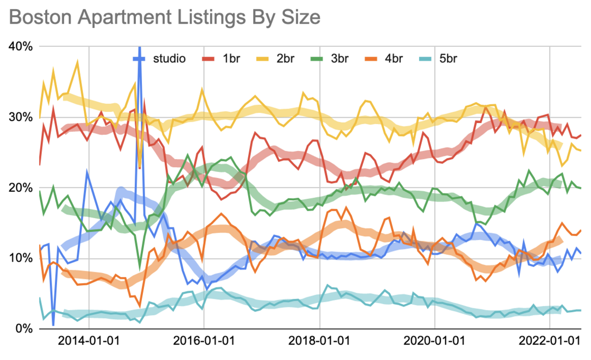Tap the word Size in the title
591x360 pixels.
tap(300, 17)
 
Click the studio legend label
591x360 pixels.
tap(169, 58)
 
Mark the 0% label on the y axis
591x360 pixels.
tap(25, 328)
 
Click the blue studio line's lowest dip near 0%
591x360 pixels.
tap(53, 325)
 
